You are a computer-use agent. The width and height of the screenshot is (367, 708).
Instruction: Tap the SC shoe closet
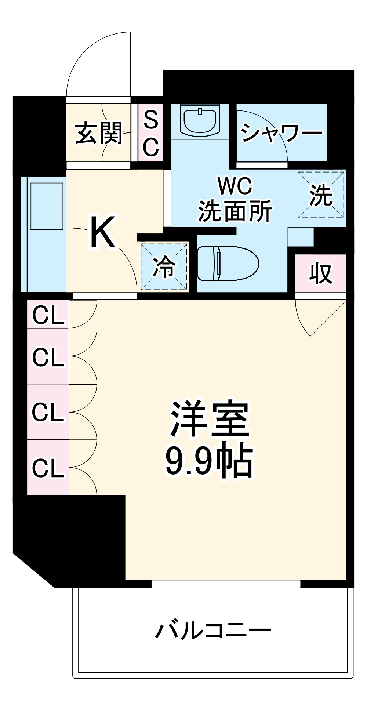151,132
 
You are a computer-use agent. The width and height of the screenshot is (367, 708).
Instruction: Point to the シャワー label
281,132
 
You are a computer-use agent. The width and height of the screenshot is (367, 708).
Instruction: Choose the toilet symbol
228,263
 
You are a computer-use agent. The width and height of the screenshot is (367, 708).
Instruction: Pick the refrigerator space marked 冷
164,267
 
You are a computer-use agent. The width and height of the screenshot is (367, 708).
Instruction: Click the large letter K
103,233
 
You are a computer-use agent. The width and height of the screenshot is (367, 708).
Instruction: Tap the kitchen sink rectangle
47,206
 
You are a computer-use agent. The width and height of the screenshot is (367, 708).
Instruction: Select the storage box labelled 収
321,273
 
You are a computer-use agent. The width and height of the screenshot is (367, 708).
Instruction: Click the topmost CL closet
48,315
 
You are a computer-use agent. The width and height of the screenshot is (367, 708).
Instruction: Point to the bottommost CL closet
48,468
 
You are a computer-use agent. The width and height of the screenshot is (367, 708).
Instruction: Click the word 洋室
210,420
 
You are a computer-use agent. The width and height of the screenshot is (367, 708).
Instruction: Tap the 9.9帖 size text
209,461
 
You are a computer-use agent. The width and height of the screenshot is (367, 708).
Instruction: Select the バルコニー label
213,631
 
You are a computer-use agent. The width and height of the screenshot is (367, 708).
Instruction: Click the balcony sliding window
226,584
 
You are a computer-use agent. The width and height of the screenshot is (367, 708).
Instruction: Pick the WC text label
235,186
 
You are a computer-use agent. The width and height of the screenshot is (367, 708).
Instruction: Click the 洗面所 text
235,211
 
